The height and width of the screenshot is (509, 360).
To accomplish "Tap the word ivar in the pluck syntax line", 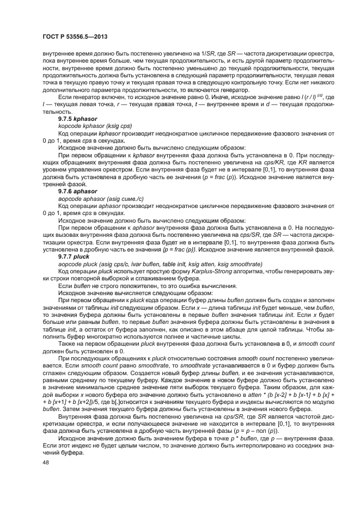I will tap(129, 264).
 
